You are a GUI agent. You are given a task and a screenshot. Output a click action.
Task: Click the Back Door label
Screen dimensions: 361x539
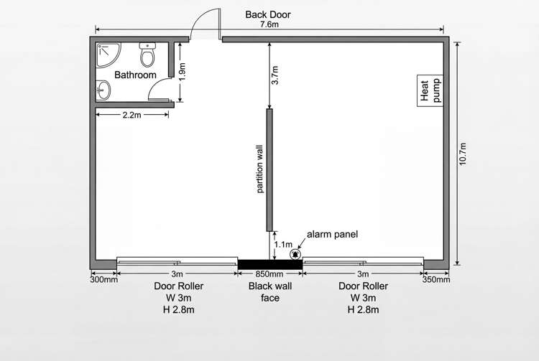[268, 14]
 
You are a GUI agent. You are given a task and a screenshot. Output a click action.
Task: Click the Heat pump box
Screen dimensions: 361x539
[430, 90]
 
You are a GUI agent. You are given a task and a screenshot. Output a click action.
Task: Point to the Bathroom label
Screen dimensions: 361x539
[135, 75]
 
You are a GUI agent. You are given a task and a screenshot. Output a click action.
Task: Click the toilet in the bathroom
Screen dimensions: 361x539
[148, 54]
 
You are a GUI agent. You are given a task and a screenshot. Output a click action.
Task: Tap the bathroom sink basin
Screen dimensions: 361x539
[105, 91]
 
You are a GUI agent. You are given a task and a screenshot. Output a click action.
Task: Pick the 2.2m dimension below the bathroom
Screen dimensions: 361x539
[132, 114]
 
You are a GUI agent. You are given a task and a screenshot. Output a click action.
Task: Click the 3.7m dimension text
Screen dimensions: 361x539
[275, 75]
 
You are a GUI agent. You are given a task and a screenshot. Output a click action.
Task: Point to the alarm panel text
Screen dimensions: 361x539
[331, 234]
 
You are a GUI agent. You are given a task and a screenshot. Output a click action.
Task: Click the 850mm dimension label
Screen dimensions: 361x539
[269, 274]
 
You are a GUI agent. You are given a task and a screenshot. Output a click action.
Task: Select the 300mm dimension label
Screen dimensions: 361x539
[103, 280]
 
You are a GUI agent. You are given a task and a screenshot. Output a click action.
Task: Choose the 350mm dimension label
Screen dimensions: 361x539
[436, 280]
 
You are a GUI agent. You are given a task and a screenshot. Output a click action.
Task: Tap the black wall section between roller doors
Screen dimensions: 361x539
[269, 264]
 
